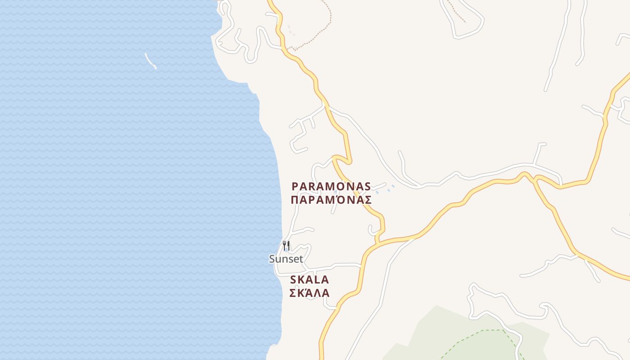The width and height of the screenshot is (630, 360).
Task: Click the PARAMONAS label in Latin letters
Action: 331,186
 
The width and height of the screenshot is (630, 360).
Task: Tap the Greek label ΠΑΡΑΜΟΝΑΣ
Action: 331,200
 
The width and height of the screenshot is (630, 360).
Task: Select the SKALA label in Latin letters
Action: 310,279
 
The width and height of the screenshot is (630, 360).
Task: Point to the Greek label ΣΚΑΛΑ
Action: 309,293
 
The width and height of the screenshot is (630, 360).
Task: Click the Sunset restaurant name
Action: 286,259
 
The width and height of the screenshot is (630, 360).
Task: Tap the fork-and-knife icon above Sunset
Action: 286,246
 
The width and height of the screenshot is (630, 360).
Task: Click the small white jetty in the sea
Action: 150,61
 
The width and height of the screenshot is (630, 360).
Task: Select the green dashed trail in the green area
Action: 486,331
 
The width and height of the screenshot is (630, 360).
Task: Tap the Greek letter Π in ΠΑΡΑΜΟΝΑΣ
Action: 295,200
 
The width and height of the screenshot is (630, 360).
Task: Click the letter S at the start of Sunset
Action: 272,259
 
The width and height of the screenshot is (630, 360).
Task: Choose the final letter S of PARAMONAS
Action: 368,186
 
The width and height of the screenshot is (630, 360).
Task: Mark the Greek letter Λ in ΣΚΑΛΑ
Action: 315,293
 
